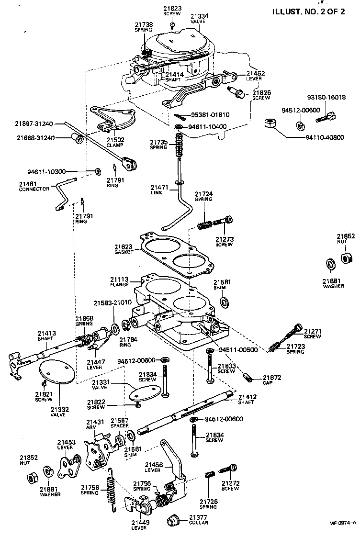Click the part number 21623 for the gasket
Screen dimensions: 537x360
point(123,247)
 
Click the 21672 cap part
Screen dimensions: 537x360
point(247,378)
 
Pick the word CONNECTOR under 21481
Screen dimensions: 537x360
point(34,189)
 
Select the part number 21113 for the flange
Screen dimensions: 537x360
point(118,279)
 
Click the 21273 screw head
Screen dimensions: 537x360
point(228,220)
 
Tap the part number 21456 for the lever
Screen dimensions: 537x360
point(153,464)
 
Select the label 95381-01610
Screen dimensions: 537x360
point(211,115)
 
